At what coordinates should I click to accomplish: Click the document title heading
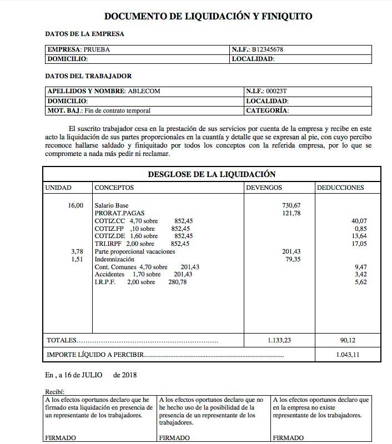point(208,17)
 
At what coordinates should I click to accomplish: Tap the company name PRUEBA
point(97,49)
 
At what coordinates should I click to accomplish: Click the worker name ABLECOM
point(145,90)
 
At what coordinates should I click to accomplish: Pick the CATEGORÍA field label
point(267,110)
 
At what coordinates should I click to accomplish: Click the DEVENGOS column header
point(264,188)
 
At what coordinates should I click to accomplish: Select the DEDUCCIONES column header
point(340,188)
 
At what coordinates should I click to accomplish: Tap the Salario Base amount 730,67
point(291,205)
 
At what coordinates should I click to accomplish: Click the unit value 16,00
point(76,205)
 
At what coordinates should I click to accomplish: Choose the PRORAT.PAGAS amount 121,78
point(291,213)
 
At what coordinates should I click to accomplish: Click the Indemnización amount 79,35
point(293,259)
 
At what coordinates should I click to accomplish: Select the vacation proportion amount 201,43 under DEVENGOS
point(291,251)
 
